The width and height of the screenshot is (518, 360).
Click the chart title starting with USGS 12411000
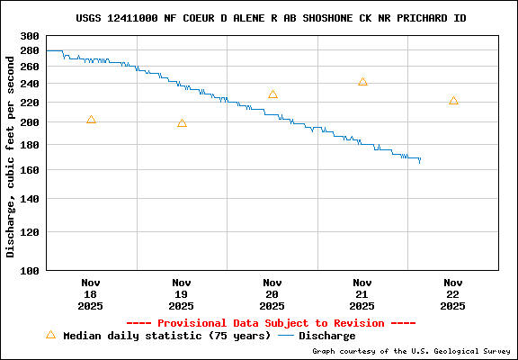tap(271, 18)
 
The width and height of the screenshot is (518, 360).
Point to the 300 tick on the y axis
tap(30, 37)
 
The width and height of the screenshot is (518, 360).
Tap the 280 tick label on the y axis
tap(30, 50)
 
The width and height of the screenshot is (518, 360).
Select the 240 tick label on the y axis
tap(30, 84)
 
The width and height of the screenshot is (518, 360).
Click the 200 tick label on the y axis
tap(30, 122)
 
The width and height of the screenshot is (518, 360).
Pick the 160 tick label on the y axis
tap(30, 170)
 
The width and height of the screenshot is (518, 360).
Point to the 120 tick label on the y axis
tap(30, 231)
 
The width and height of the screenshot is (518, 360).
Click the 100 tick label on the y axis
tap(30, 270)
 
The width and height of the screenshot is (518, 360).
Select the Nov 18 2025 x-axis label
tap(91, 293)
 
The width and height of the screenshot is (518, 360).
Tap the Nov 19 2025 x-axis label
tap(182, 293)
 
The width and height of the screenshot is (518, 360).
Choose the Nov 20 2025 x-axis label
tap(272, 293)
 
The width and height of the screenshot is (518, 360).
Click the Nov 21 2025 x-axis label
tap(362, 293)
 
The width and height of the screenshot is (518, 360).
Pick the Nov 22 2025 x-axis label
tap(453, 293)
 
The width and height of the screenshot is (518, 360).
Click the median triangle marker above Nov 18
tap(91, 120)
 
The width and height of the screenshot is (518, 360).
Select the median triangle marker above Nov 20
tap(272, 94)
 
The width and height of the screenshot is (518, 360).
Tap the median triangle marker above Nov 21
tap(362, 82)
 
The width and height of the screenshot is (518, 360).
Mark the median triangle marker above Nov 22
tap(453, 101)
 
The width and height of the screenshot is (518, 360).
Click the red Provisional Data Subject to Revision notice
tap(271, 323)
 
